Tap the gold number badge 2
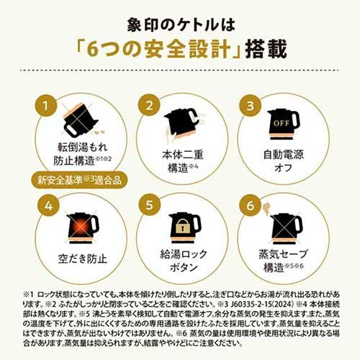(147, 106)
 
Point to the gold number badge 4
(47, 207)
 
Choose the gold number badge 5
(147, 207)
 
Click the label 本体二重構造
(179, 160)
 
